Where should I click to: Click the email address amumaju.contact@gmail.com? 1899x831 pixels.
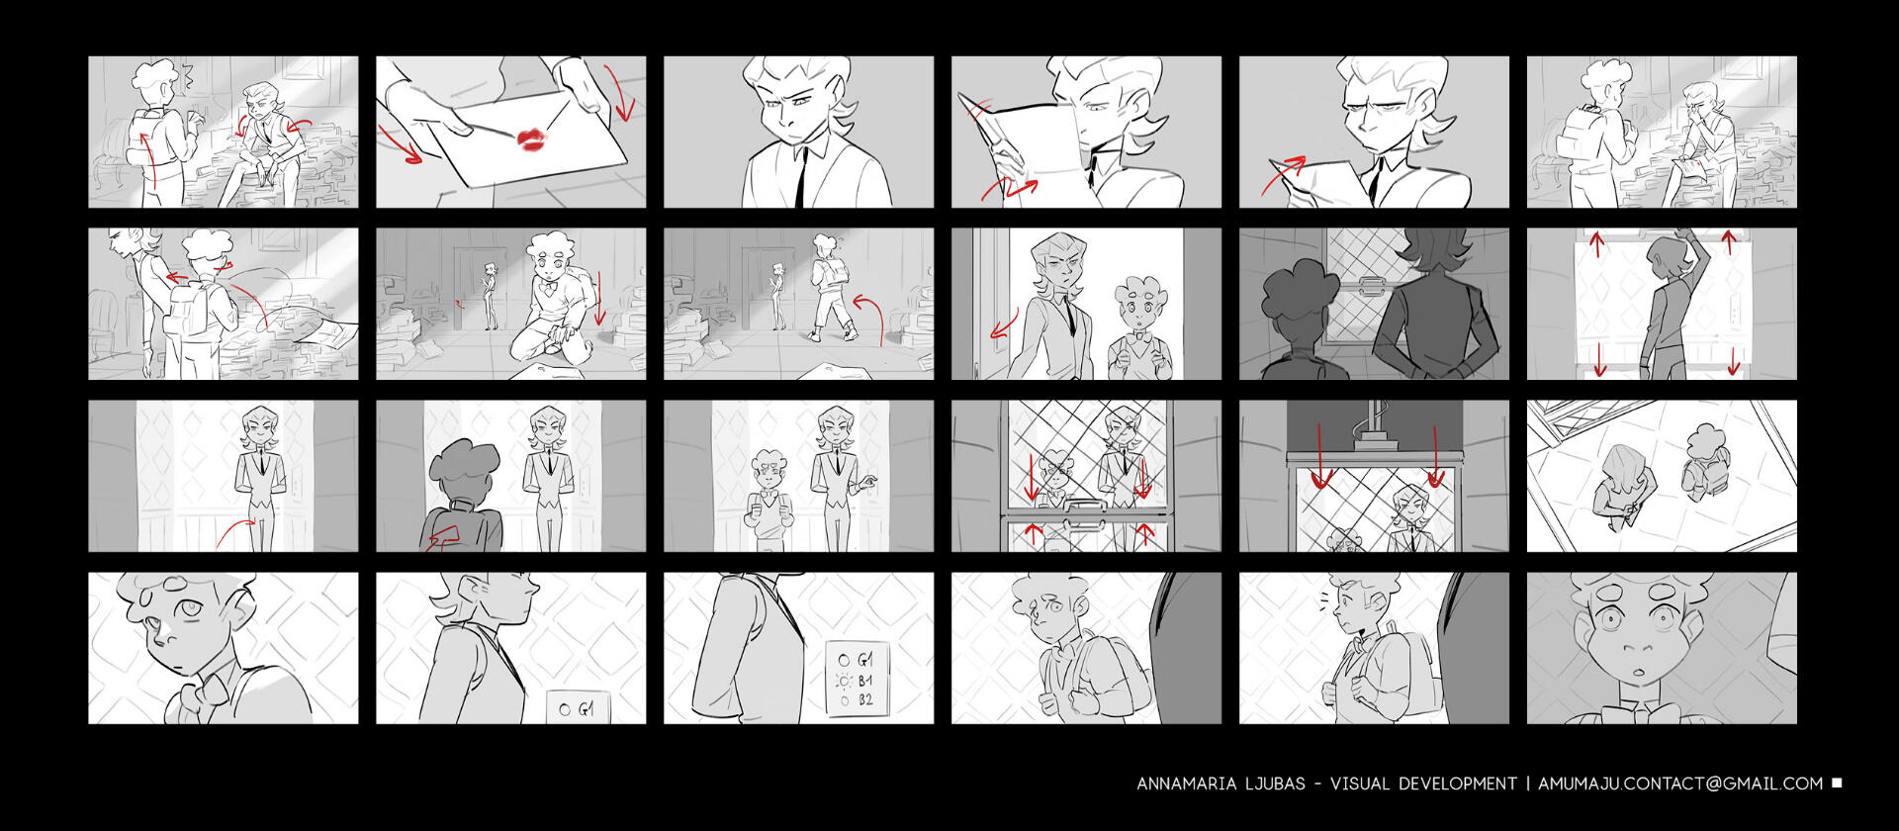(x=1680, y=784)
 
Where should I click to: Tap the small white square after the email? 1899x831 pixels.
(x=1837, y=783)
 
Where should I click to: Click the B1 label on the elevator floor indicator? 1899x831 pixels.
(x=864, y=681)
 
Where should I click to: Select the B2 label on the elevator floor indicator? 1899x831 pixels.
(x=865, y=700)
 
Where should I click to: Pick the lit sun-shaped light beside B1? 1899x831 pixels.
(x=844, y=682)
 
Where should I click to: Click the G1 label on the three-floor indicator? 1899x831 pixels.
(x=864, y=660)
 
